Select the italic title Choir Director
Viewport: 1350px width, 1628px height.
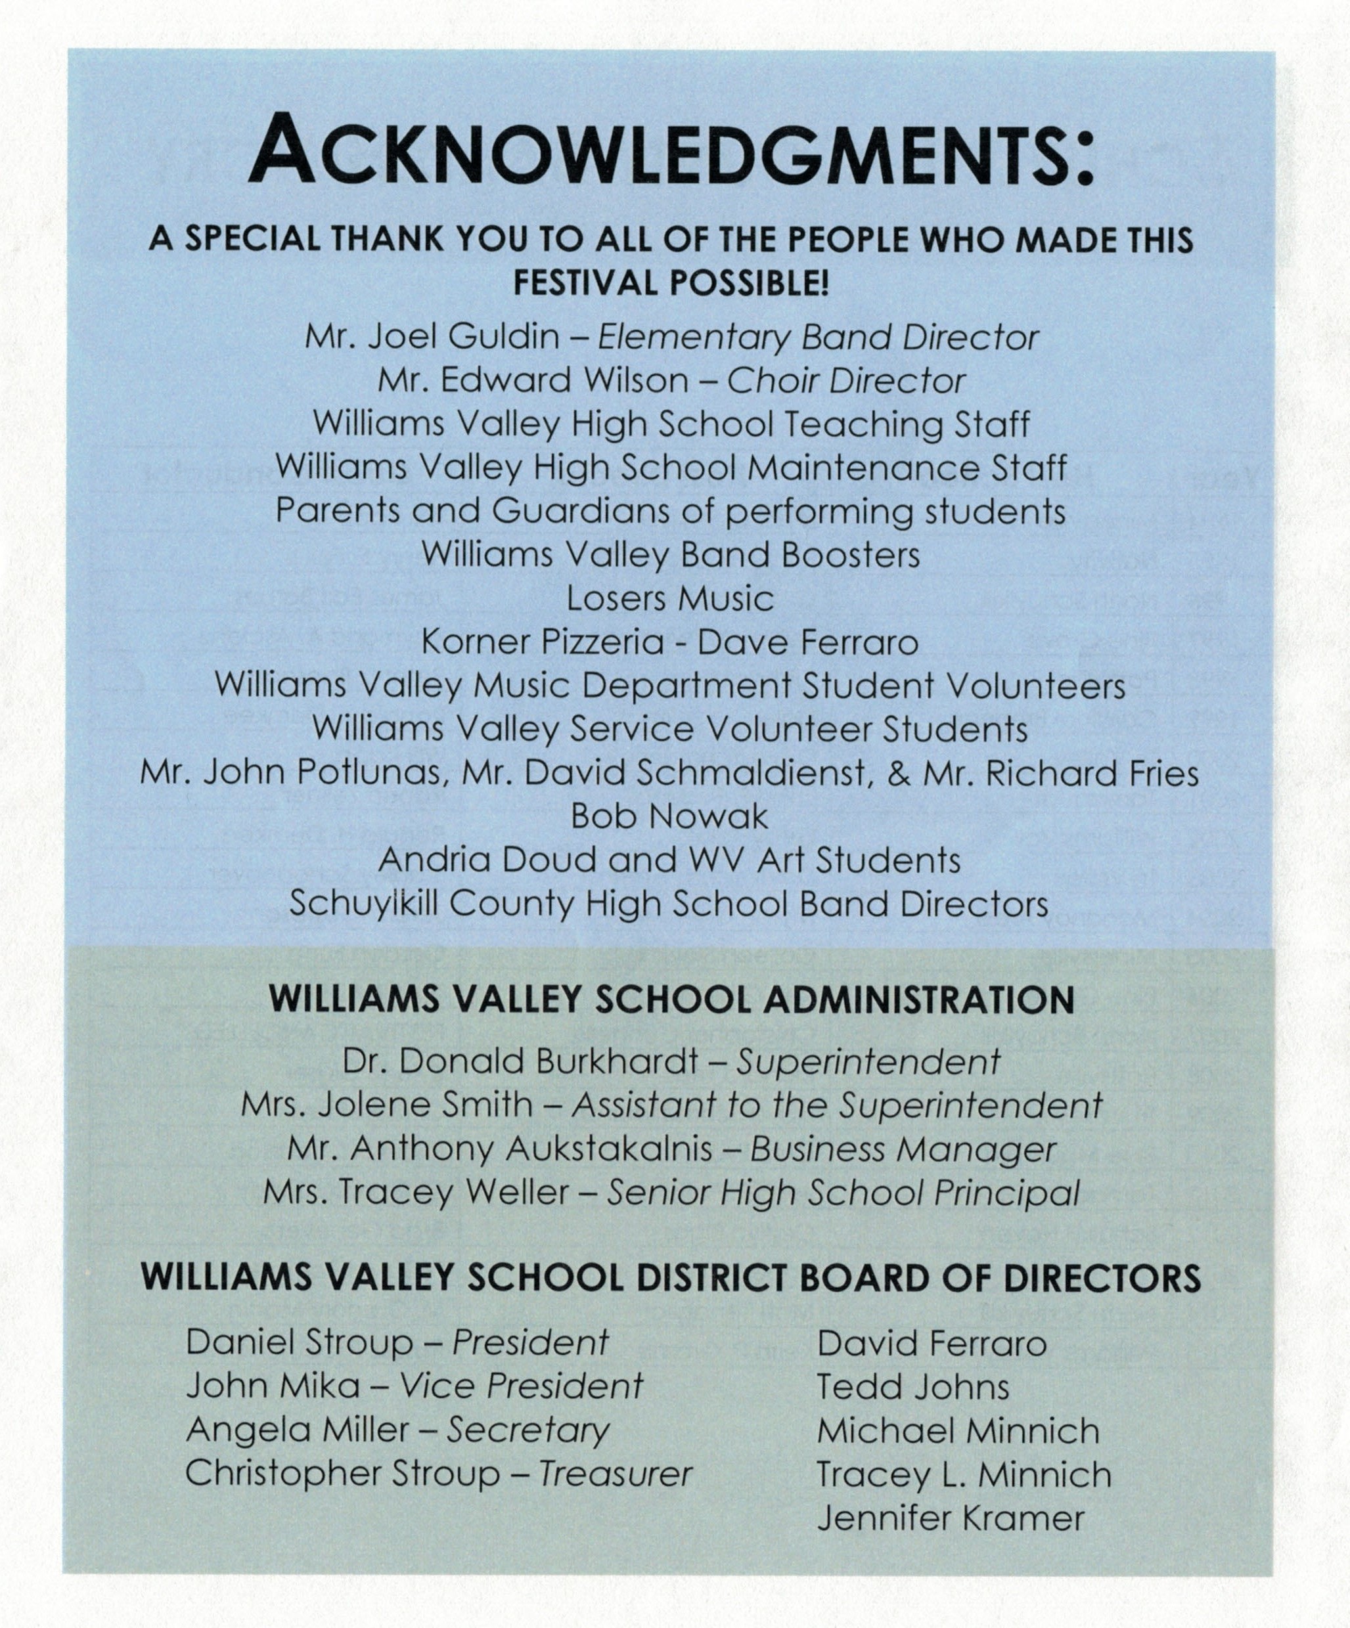pyautogui.click(x=846, y=381)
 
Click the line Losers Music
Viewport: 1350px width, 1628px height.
pyautogui.click(x=670, y=598)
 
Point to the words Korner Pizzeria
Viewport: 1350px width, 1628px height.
pyautogui.click(x=543, y=643)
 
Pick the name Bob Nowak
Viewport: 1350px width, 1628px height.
pyautogui.click(x=669, y=816)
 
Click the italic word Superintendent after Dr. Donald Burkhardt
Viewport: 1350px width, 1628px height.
pyautogui.click(x=868, y=1062)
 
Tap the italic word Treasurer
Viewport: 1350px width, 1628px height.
pyautogui.click(x=615, y=1474)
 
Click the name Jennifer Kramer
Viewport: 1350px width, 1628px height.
pyautogui.click(x=951, y=1517)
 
